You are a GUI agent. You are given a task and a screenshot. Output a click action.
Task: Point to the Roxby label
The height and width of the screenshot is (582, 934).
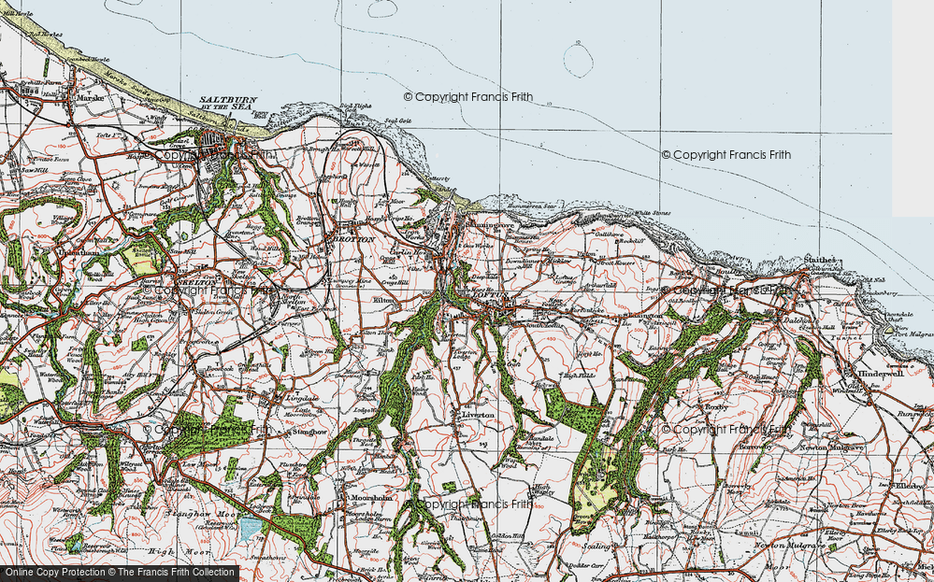[717, 407]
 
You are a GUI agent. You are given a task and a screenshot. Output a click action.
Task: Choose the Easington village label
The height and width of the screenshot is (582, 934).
[644, 317]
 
